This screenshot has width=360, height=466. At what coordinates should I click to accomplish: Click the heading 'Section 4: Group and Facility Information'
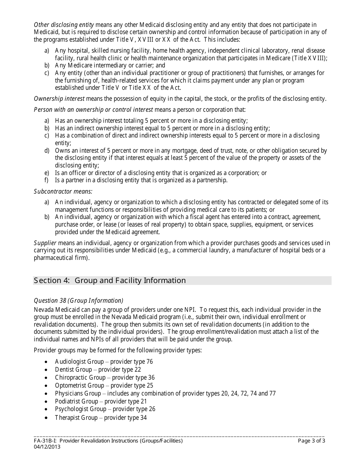(x=110, y=281)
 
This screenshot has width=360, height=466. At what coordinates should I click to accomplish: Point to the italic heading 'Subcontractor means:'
(x=63, y=191)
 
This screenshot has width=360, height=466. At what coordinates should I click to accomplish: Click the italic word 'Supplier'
(x=45, y=243)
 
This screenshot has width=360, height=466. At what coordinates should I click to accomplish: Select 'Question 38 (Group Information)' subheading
(x=78, y=301)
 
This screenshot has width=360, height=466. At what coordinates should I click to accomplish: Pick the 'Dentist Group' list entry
(x=73, y=370)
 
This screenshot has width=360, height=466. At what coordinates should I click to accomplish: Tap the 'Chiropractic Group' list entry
(x=80, y=378)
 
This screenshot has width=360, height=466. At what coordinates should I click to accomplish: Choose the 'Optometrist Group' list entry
(x=79, y=386)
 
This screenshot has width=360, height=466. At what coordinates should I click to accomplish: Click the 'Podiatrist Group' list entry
(x=76, y=402)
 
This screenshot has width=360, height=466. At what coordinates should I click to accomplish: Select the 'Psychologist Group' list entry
(x=80, y=409)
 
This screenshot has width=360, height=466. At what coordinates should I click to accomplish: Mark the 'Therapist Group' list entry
(x=76, y=418)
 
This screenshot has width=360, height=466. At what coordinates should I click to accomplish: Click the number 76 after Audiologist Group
(x=149, y=362)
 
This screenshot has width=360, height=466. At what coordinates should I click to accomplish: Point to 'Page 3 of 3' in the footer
(x=311, y=441)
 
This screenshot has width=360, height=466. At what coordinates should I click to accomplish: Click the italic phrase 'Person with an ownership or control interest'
(x=94, y=110)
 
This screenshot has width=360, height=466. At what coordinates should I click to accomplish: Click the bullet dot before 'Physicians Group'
(x=46, y=394)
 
